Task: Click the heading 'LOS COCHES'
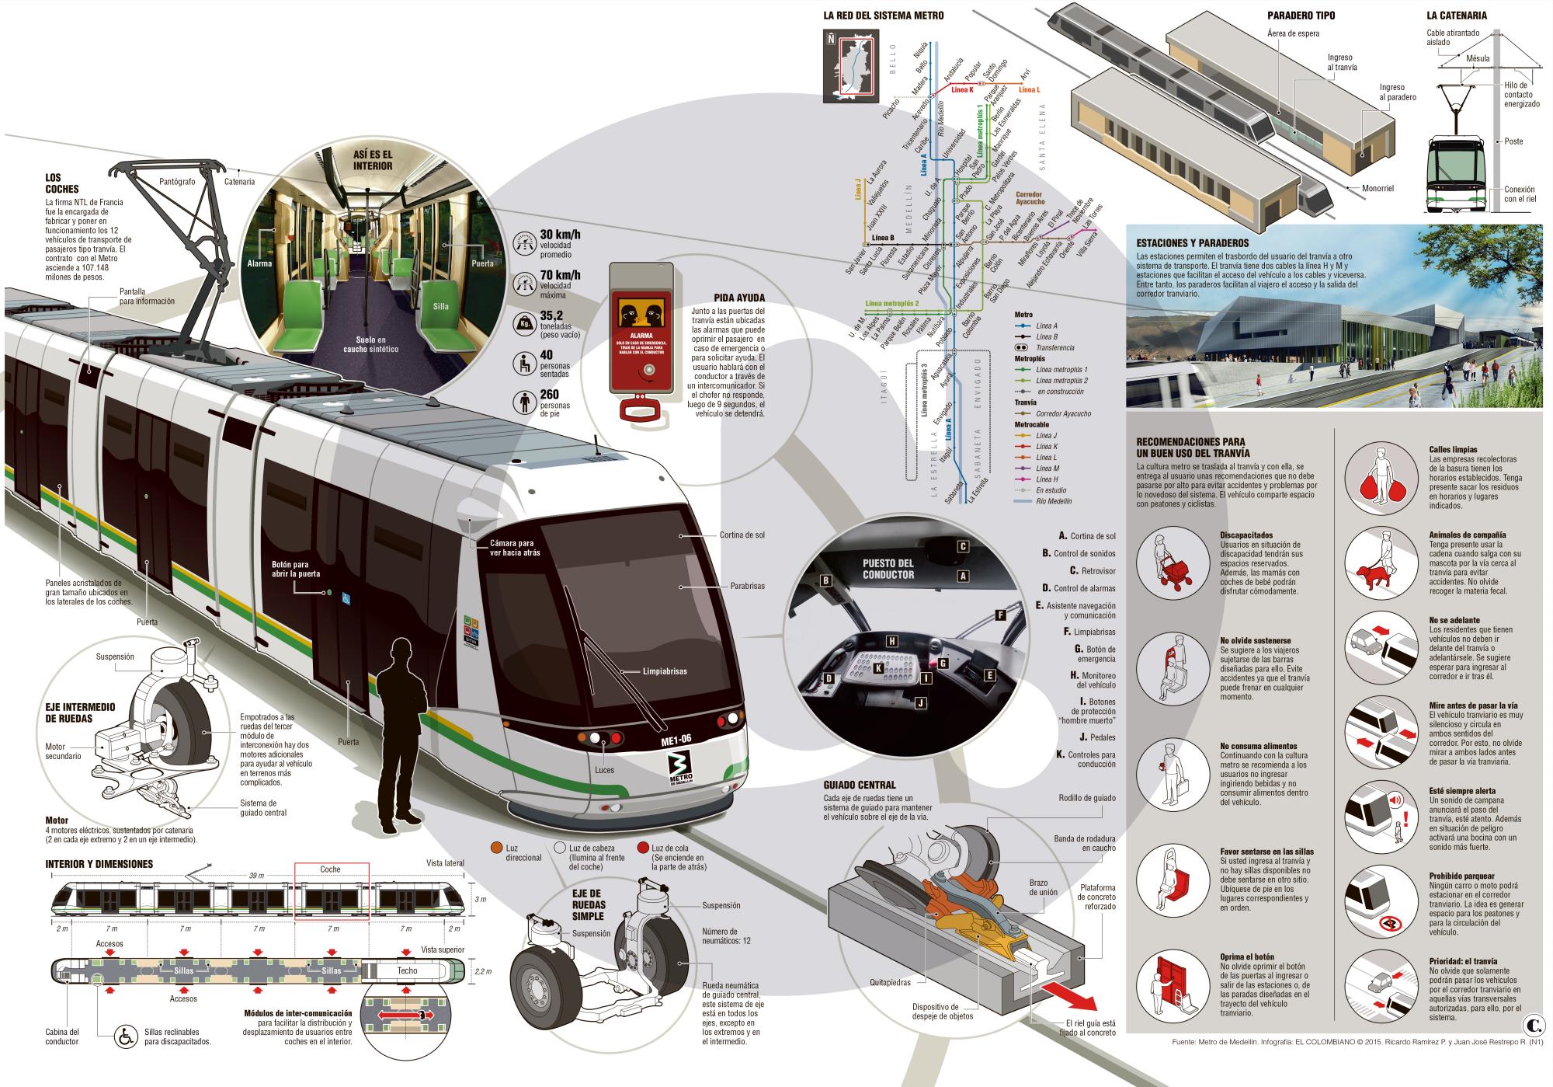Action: (62, 183)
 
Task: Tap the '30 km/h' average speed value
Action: (561, 235)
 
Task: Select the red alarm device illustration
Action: (641, 334)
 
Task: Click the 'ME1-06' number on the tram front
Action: (676, 741)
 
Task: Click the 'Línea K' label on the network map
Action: (961, 89)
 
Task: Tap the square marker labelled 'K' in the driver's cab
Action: (878, 667)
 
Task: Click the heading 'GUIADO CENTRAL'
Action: (860, 785)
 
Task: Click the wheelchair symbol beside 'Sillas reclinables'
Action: (123, 1036)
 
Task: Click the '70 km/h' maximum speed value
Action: (561, 276)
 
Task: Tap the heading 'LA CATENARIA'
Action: (1456, 15)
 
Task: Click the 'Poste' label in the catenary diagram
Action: (1513, 141)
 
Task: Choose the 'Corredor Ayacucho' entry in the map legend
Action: (1063, 413)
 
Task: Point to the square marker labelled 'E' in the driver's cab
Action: (989, 675)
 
